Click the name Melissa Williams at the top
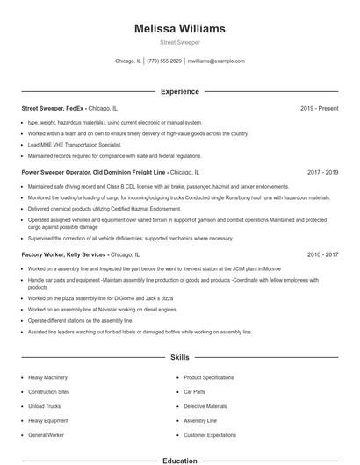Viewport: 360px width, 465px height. (179, 28)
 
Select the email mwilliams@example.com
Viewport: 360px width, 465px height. (216, 61)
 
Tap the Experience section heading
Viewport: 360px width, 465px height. (179, 91)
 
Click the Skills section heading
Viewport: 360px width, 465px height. (179, 358)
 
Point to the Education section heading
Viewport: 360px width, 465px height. (179, 460)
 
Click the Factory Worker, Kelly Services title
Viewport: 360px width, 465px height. (65, 254)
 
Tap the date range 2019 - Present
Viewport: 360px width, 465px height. (319, 109)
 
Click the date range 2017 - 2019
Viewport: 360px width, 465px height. (322, 173)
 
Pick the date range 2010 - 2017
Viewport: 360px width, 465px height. (322, 254)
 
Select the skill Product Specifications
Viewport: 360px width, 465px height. (208, 377)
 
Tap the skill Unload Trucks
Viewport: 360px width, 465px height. (45, 406)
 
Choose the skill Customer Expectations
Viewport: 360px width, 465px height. (210, 435)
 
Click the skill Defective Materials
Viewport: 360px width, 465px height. (205, 406)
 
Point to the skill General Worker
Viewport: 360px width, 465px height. (47, 435)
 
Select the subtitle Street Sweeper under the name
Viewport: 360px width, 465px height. (179, 42)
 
